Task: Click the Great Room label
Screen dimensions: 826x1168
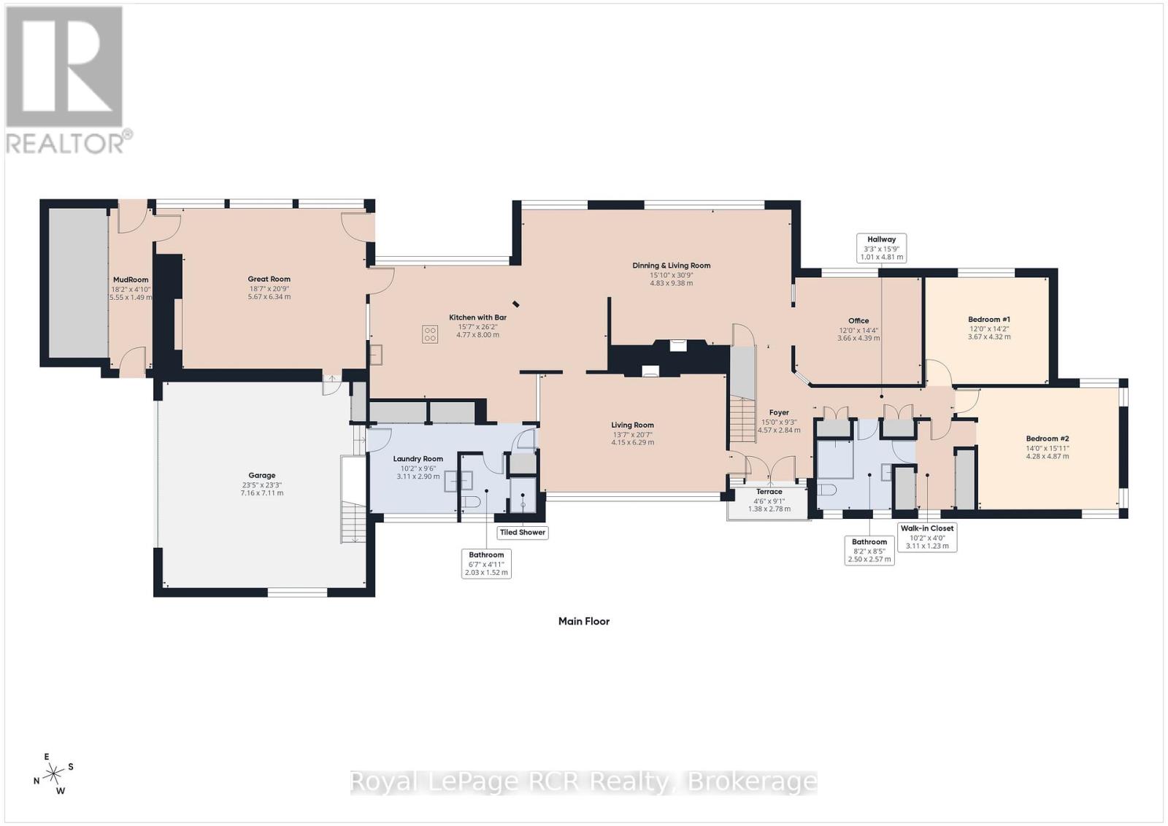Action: [269, 279]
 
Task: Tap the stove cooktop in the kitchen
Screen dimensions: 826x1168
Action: [430, 335]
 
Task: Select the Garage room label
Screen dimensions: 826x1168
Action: [261, 476]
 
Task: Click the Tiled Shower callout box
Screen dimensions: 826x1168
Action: [522, 532]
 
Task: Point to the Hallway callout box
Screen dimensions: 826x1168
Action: [881, 248]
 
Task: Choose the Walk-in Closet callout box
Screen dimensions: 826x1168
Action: [926, 536]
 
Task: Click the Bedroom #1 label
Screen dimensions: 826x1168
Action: [988, 320]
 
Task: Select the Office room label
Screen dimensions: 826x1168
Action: [858, 321]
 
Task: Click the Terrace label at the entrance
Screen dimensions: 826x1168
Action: [769, 492]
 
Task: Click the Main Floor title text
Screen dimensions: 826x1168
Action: [583, 622]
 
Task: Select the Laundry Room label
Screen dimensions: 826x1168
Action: [418, 459]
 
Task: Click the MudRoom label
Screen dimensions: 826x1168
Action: [131, 279]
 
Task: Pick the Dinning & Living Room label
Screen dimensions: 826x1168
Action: [671, 266]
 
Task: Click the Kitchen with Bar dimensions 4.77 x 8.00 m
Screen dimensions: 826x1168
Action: [477, 335]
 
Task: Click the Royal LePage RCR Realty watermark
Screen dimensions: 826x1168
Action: [583, 781]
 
